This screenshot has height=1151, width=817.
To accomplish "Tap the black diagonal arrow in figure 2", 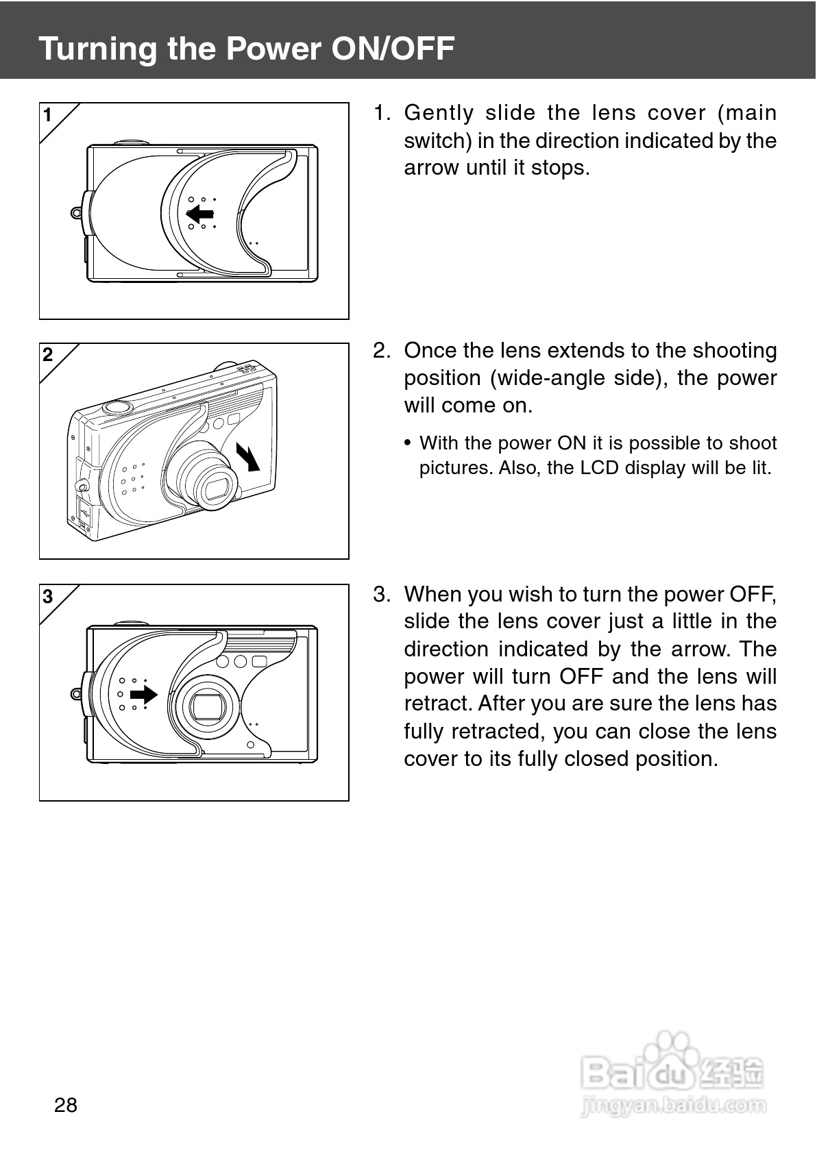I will point(248,456).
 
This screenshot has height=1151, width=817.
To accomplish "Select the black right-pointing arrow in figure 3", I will point(144,695).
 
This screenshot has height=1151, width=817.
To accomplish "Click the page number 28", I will point(66,1104).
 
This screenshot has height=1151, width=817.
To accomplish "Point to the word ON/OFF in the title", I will point(393,49).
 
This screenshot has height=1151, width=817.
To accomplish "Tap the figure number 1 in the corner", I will point(47,115).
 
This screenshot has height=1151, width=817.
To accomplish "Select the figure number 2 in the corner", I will point(47,355).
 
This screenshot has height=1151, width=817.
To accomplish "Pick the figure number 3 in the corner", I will point(47,596).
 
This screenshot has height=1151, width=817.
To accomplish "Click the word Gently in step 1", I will point(439,113).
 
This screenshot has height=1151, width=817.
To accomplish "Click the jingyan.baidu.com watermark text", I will point(673,1104).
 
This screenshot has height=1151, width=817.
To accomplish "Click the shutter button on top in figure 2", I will point(117,406).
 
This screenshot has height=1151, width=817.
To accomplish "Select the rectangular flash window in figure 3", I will point(259,661).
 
